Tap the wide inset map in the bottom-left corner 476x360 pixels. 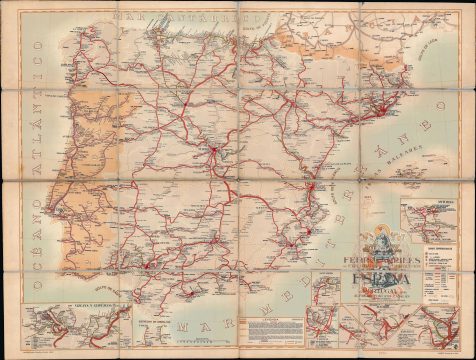[x=66, y=324]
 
